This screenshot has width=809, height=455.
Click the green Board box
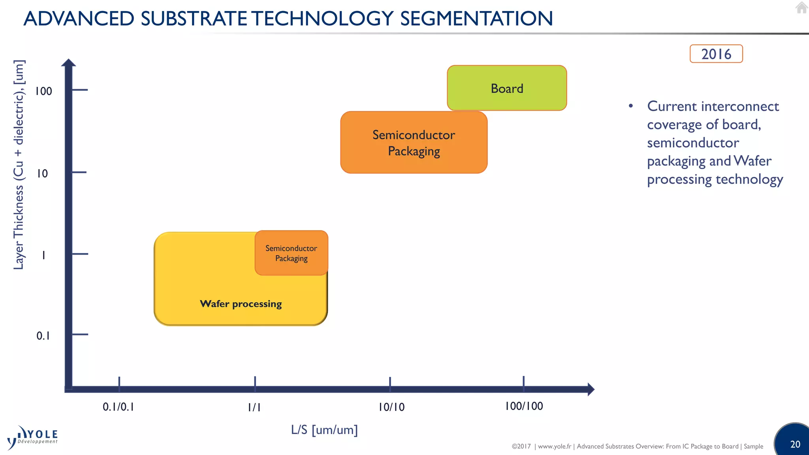[x=507, y=88]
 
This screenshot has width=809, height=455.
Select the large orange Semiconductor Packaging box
[x=414, y=143]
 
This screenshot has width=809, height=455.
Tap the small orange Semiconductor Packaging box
[x=291, y=253]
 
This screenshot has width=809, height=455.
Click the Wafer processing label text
[x=241, y=304]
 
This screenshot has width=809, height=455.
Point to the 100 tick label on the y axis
[x=43, y=91]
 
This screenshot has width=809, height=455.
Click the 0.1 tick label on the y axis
[x=43, y=336]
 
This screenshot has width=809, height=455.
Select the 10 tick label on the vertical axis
[x=42, y=173]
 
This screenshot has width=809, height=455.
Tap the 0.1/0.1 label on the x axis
[x=118, y=407]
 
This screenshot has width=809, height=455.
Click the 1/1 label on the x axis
[x=254, y=407]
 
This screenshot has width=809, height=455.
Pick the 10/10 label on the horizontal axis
[x=391, y=407]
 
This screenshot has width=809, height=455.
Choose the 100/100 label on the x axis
[x=524, y=406]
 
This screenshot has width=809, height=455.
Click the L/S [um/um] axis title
[x=324, y=430]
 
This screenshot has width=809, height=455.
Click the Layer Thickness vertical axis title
[x=19, y=165]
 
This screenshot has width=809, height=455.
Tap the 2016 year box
[x=716, y=54]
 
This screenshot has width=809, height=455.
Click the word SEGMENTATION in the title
[x=476, y=19]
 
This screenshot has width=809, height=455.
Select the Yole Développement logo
[x=32, y=438]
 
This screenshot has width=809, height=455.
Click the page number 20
[x=795, y=444]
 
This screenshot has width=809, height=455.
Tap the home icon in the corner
[x=801, y=8]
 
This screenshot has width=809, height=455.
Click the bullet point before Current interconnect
[x=631, y=106]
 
